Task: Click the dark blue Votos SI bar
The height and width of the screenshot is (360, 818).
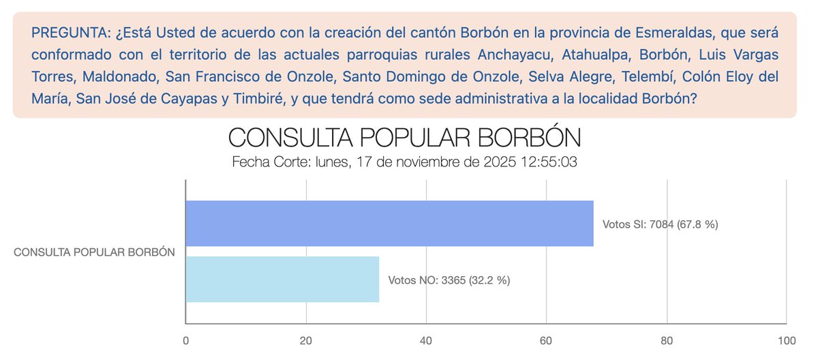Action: coord(389,223)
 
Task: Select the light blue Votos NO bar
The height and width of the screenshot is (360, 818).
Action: coord(282,280)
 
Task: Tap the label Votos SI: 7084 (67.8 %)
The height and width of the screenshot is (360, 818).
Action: coord(660,224)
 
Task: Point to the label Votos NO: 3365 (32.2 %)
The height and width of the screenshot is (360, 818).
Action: coord(449,280)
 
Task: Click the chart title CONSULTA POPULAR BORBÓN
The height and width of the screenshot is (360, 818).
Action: coord(404,138)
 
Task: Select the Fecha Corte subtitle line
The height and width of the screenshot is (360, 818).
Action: coord(404,162)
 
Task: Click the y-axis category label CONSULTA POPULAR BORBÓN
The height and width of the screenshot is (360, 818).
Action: coord(95,252)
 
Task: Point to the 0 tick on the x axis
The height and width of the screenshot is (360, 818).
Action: coord(186,340)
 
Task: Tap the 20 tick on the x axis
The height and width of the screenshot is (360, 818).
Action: coord(306,340)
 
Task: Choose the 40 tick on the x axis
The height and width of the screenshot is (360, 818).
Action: coord(426,340)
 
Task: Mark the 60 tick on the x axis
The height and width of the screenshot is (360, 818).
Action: coord(547,340)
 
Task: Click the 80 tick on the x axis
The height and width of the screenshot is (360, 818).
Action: coord(667,340)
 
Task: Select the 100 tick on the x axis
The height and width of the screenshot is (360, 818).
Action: coord(787,340)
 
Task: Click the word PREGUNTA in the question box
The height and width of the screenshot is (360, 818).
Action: coord(63,32)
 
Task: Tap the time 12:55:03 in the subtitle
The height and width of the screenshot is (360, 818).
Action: coord(549,162)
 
